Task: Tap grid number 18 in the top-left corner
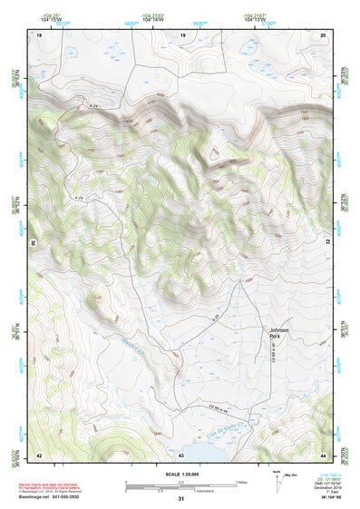(x=38, y=34)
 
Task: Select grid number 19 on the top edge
(x=182, y=34)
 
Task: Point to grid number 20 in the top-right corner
(x=323, y=34)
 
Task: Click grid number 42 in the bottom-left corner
(x=38, y=454)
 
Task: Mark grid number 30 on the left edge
(x=34, y=243)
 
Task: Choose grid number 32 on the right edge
(x=327, y=243)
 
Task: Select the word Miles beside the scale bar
(x=241, y=481)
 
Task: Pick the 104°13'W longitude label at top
(x=255, y=19)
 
